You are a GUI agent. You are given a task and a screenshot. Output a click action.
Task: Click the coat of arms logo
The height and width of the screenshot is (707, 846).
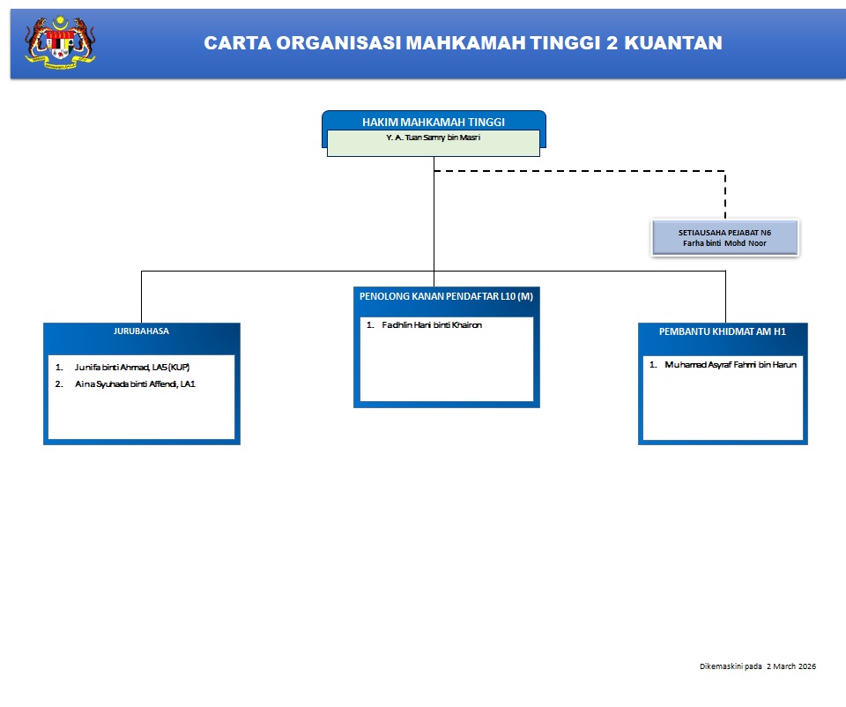click(x=60, y=41)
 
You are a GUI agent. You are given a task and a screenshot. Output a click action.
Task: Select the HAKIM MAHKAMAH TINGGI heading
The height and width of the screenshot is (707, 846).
click(x=434, y=122)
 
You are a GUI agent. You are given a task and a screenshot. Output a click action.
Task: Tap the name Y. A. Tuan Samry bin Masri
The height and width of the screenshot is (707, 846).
click(x=434, y=138)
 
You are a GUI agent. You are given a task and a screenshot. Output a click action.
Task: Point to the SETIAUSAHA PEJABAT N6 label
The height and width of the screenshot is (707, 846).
click(x=724, y=233)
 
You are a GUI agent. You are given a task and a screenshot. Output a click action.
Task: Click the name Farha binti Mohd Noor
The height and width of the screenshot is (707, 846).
click(x=724, y=243)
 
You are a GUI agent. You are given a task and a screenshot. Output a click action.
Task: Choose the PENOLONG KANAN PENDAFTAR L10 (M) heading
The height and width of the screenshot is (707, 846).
click(x=446, y=296)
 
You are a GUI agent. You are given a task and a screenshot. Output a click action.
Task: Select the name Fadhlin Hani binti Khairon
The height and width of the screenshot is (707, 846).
click(x=432, y=325)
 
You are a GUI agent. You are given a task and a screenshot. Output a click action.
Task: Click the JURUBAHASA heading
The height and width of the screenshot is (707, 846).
click(x=141, y=331)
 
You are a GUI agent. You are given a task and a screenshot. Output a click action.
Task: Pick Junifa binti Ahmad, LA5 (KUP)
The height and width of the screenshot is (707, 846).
click(x=132, y=367)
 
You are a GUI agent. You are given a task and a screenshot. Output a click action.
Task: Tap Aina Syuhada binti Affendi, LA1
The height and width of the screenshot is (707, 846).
click(x=135, y=383)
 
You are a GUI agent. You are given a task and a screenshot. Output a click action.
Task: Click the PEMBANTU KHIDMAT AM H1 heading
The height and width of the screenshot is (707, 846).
click(x=722, y=331)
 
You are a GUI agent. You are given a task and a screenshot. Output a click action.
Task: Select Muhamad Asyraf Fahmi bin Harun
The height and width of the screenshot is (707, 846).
click(x=731, y=364)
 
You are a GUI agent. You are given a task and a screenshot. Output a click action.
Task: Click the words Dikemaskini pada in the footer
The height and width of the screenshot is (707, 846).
click(x=731, y=666)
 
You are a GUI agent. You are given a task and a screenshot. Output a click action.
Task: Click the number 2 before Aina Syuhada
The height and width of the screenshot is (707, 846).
click(x=57, y=383)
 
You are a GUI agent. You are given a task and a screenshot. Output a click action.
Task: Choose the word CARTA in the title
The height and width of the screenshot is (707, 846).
click(x=233, y=42)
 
